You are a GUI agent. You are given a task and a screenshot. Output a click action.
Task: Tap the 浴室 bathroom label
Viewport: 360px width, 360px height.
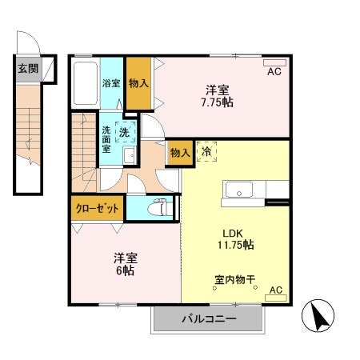pyautogui.click(x=111, y=83)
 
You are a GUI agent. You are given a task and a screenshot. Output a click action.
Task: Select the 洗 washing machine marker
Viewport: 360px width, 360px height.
pyautogui.click(x=126, y=131)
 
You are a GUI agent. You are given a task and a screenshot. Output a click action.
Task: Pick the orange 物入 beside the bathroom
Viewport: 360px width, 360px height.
pyautogui.click(x=137, y=83)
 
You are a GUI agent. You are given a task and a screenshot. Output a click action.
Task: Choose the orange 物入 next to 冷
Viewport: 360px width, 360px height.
pyautogui.click(x=179, y=152)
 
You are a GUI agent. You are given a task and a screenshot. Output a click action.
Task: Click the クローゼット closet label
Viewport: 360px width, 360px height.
pyautogui.click(x=97, y=207)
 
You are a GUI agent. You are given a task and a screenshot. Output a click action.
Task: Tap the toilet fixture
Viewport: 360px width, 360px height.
pyautogui.click(x=158, y=206)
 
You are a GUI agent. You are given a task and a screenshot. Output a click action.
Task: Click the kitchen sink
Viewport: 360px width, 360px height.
pyautogui.click(x=238, y=190)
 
